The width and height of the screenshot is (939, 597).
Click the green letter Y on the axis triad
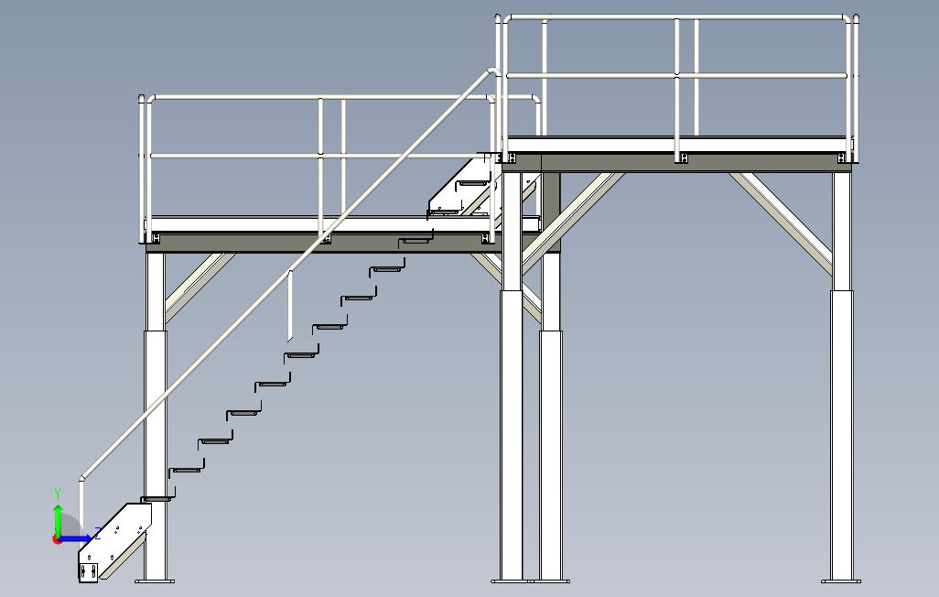58,494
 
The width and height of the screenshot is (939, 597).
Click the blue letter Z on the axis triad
98,533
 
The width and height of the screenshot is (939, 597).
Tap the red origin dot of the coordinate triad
58,539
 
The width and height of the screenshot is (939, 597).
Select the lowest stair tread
156,499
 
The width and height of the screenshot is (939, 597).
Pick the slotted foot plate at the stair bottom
89,572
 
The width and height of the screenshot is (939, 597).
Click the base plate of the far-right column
841,581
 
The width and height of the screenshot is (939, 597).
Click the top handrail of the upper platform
677,16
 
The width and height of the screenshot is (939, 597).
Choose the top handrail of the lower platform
320,96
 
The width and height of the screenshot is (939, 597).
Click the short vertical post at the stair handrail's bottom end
81,504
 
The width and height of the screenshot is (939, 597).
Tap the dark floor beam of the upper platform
677,163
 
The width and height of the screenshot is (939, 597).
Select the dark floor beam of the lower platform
320,242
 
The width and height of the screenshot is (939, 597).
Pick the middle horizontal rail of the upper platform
677,76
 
